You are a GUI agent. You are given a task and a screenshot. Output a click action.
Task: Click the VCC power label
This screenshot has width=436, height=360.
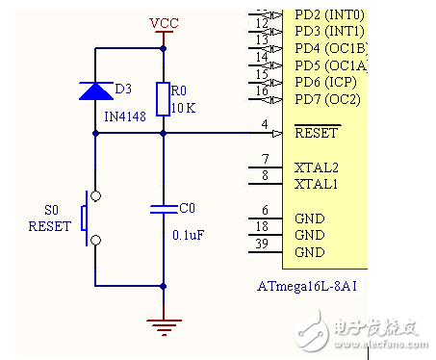click(x=164, y=22)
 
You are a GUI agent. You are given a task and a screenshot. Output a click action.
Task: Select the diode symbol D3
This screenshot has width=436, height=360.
click(x=95, y=90)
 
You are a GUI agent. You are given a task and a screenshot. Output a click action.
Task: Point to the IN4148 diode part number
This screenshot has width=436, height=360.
click(x=124, y=115)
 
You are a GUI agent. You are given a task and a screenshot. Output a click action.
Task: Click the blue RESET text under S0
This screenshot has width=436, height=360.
click(x=50, y=228)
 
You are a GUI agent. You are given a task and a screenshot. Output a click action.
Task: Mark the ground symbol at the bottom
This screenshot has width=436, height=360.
click(x=164, y=326)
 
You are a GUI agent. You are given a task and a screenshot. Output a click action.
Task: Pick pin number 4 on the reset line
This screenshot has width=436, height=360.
click(x=265, y=125)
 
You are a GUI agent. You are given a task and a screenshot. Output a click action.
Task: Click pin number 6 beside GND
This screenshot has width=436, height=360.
click(x=265, y=211)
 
